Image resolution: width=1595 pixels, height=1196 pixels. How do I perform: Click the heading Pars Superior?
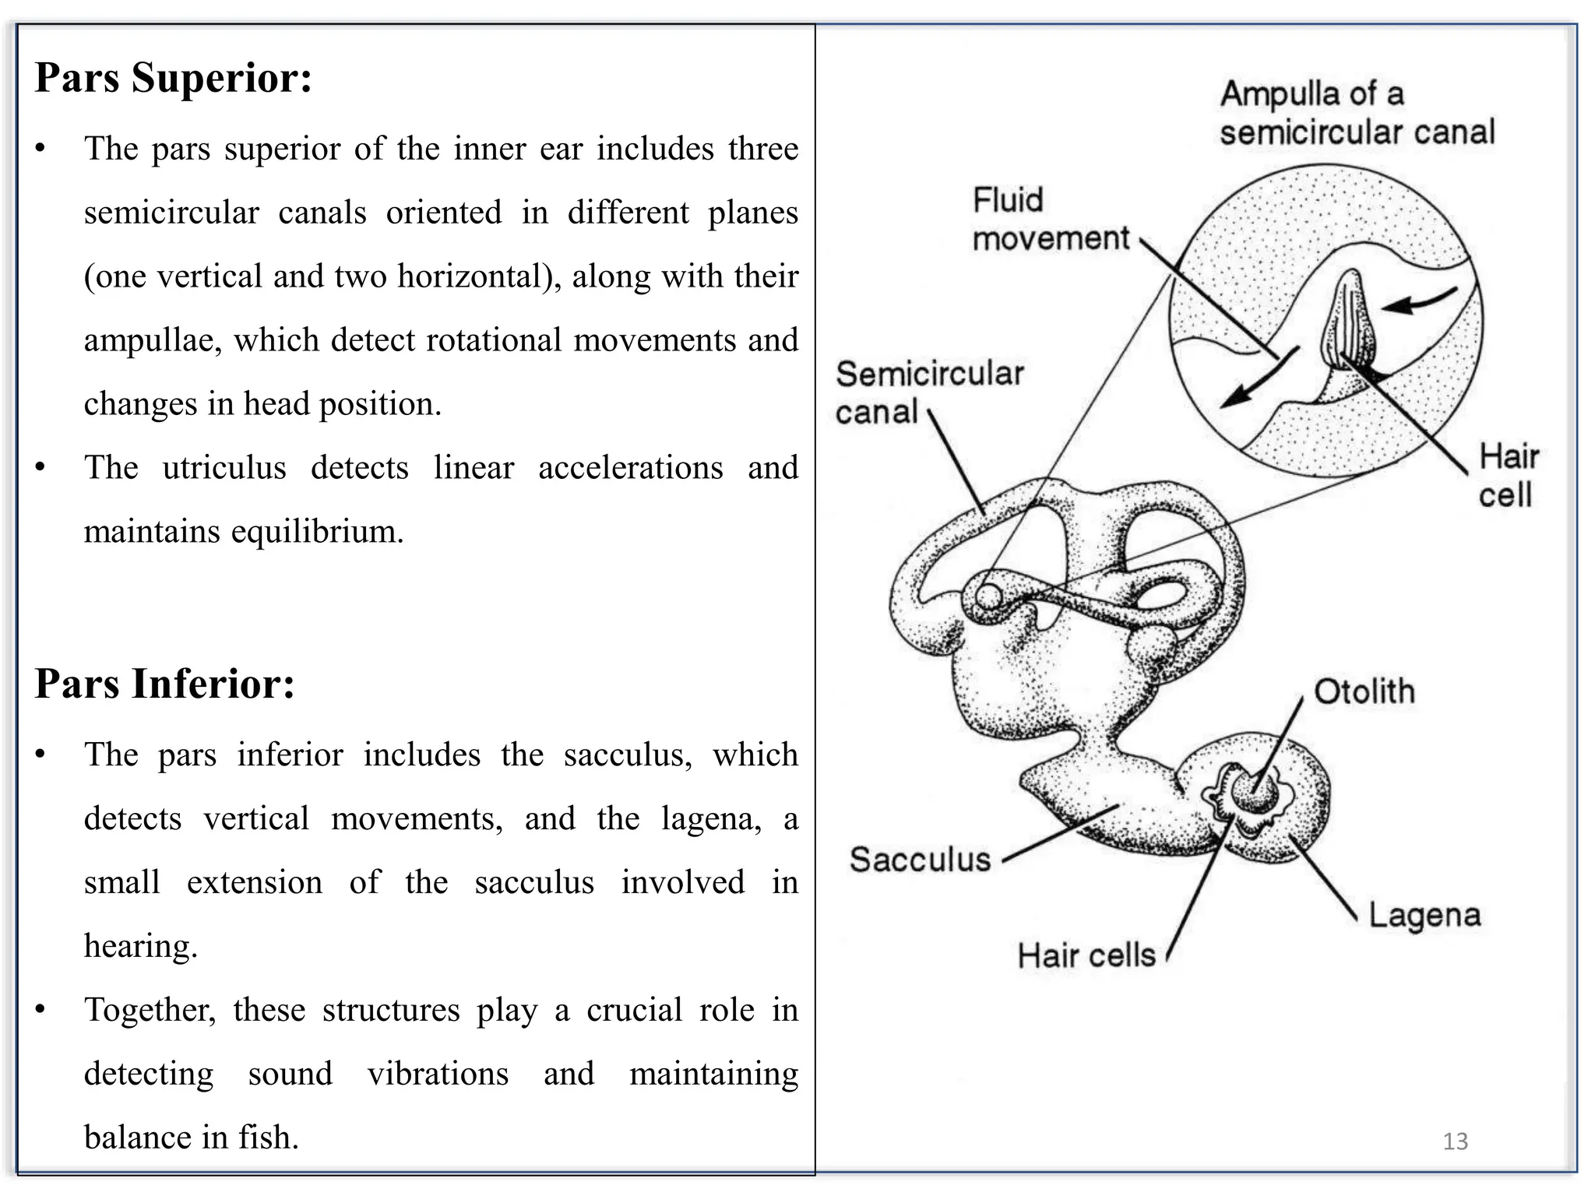point(173,78)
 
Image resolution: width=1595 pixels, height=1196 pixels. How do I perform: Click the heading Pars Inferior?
point(164,684)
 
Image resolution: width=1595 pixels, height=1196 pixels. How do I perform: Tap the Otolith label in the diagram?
point(1364,691)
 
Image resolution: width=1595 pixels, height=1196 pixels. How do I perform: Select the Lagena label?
point(1424,915)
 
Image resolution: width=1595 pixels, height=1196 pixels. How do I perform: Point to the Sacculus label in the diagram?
point(920,860)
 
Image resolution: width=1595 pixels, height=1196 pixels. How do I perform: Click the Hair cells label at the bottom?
point(1086,955)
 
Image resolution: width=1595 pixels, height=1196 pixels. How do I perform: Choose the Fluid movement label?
point(1050,220)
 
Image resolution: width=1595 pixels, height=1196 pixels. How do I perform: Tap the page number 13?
point(1455,1141)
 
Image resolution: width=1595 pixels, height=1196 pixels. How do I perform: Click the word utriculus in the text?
point(224,468)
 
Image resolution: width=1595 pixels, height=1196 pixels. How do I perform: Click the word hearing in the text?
point(140,946)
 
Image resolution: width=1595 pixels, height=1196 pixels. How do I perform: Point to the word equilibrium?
point(317,532)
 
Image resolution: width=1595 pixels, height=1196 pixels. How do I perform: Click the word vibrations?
point(438,1074)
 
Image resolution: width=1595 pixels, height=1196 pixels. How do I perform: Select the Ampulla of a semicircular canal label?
point(1357,113)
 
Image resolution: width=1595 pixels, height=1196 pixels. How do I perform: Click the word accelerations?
point(630,468)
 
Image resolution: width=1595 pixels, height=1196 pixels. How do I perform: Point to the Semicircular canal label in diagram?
point(928,393)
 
